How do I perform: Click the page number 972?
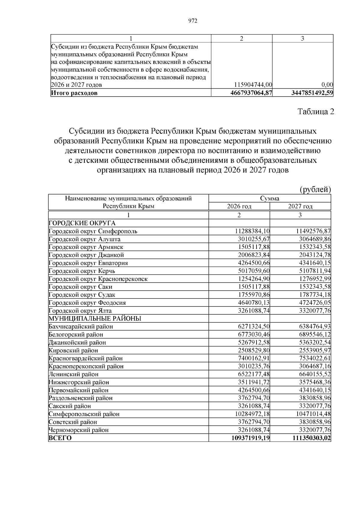(x=193, y=21)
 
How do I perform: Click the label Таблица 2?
(x=315, y=112)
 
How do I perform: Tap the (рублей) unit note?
(x=315, y=190)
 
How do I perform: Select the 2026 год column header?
(x=239, y=206)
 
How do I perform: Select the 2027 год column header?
(x=300, y=206)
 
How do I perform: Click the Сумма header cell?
(x=270, y=198)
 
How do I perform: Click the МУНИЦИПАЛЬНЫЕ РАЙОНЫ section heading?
(x=95, y=319)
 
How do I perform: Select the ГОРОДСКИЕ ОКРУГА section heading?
(x=82, y=223)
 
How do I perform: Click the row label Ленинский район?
(x=73, y=374)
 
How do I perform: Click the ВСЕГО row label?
(x=60, y=438)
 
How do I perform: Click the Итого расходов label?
(x=74, y=93)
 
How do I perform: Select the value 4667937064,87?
(x=251, y=93)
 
